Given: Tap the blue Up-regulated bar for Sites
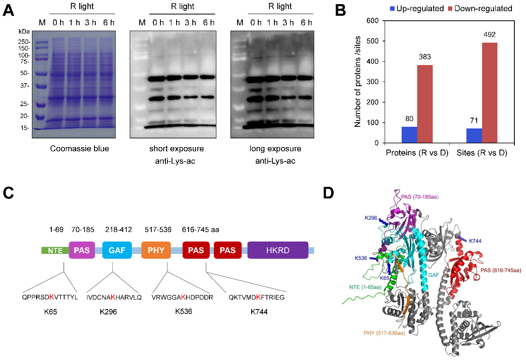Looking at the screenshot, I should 474,135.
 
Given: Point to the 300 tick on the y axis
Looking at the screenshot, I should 374,82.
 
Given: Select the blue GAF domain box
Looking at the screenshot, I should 117,251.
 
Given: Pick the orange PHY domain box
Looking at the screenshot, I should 156,251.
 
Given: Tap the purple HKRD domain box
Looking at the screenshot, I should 278,251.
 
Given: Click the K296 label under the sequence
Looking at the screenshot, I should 109,312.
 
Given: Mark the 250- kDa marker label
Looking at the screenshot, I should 23,42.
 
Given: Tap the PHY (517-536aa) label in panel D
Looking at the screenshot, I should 384,333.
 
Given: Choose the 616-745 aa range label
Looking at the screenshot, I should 201,230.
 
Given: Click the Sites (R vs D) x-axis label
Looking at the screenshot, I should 482,153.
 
